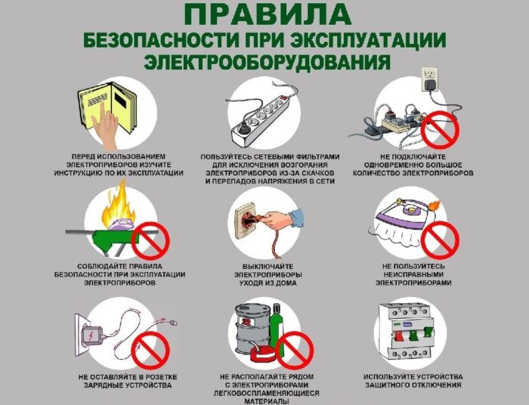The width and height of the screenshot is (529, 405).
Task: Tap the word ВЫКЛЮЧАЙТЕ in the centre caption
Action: (265, 267)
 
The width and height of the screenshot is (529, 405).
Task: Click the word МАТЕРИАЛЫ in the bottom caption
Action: (265, 401)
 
